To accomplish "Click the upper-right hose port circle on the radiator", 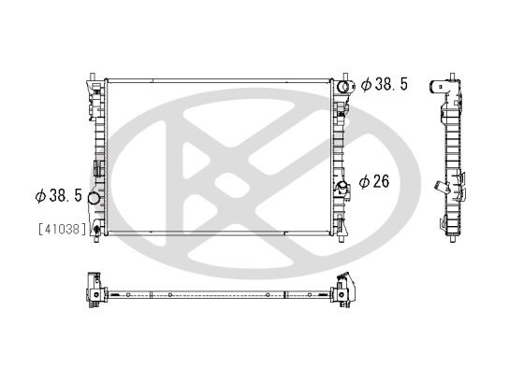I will (343, 87).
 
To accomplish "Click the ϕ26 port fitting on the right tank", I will (342, 185).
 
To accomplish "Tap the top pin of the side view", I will (447, 72).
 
